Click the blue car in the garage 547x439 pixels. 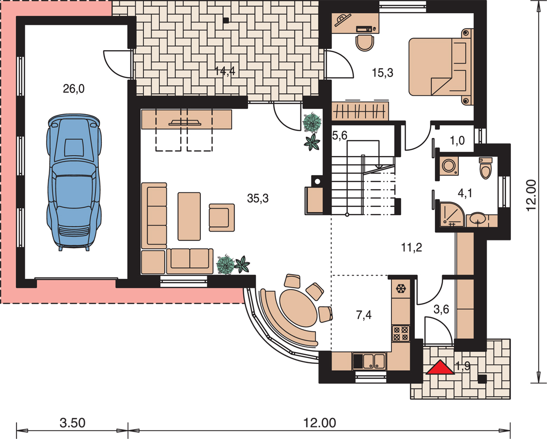pyautogui.click(x=74, y=181)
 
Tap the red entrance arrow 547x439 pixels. pyautogui.click(x=440, y=367)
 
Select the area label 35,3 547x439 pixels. pyautogui.click(x=258, y=198)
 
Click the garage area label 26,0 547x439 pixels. pyautogui.click(x=74, y=89)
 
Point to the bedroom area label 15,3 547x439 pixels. pyautogui.click(x=382, y=73)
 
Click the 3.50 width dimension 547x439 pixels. pyautogui.click(x=72, y=423)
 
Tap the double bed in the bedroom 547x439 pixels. pyautogui.click(x=440, y=67)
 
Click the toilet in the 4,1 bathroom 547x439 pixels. pyautogui.click(x=485, y=168)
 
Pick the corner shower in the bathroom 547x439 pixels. pyautogui.click(x=451, y=214)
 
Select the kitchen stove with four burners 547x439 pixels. pyautogui.click(x=401, y=333)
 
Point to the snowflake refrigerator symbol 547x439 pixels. pyautogui.click(x=401, y=289)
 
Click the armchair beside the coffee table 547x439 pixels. pyautogui.click(x=221, y=218)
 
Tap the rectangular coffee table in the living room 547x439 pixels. pyautogui.click(x=189, y=217)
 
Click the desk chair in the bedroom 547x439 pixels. pyautogui.click(x=365, y=42)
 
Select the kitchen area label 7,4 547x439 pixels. pyautogui.click(x=364, y=315)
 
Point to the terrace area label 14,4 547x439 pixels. pyautogui.click(x=225, y=71)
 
